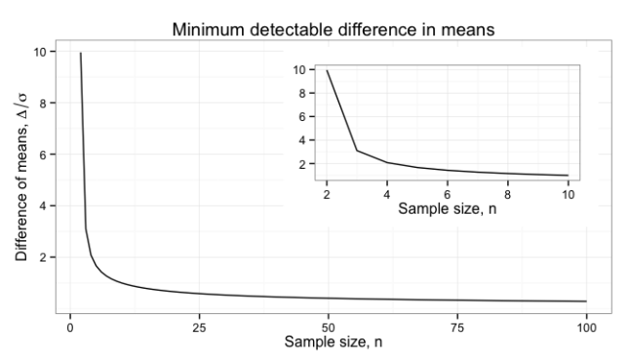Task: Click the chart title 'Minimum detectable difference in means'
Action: click(x=334, y=29)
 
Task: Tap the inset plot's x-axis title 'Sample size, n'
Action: click(x=448, y=207)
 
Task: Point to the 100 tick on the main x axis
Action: click(x=585, y=325)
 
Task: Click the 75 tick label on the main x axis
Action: click(x=456, y=325)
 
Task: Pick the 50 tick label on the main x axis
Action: click(x=328, y=325)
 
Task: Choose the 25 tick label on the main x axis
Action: click(x=199, y=325)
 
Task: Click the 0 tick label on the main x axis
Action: click(x=70, y=325)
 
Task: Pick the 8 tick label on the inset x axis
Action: click(x=507, y=192)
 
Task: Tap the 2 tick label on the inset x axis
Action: click(x=327, y=192)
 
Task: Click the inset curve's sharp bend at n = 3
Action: click(x=357, y=150)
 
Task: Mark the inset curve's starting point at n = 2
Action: click(x=327, y=70)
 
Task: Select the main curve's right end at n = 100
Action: click(x=585, y=301)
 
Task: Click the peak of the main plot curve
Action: click(x=80, y=53)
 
